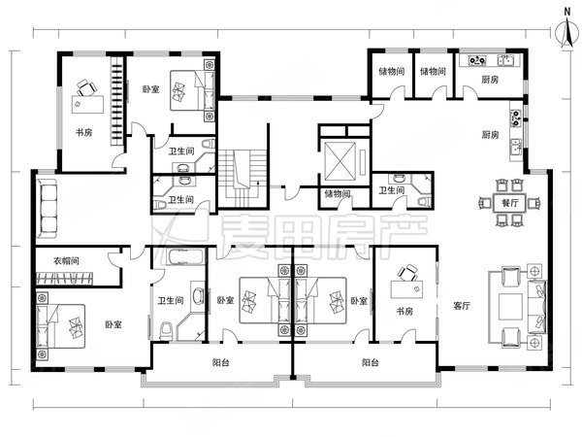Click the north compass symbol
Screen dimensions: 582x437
[566, 33]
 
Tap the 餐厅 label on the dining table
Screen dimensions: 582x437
[510, 203]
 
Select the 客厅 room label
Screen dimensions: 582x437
[462, 306]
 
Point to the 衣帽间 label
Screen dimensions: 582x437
[66, 260]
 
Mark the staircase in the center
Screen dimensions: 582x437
[242, 178]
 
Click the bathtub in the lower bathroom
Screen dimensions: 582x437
[183, 257]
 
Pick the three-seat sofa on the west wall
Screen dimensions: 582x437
[46, 209]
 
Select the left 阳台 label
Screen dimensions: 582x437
[221, 362]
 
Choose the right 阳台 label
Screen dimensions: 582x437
[371, 362]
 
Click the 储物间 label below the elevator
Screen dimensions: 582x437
[337, 193]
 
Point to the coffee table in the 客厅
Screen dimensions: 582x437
[510, 307]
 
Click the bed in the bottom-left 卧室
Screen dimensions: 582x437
[61, 326]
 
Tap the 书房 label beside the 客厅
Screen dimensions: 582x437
[404, 311]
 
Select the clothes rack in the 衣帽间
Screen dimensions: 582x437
[65, 279]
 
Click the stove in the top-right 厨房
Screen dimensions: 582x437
[476, 60]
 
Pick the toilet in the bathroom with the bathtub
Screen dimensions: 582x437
[166, 331]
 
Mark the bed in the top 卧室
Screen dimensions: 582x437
[192, 90]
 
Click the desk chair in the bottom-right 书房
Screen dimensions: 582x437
[407, 273]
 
